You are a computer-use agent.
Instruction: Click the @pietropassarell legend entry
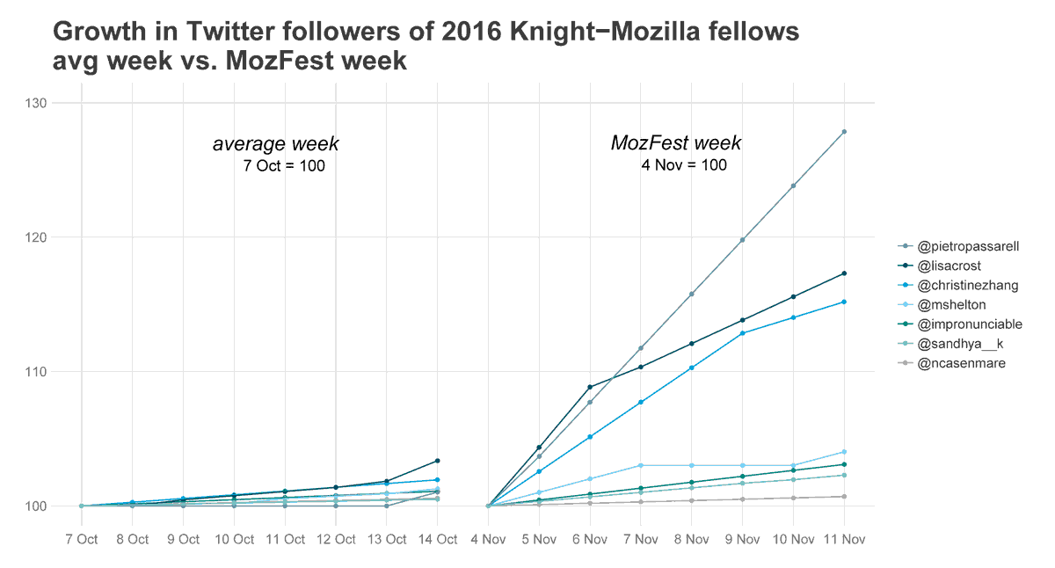pos(967,247)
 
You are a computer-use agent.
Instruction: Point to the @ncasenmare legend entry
pos(961,363)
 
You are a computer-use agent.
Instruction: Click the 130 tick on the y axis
pos(36,103)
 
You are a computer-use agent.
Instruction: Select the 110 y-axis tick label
pos(36,372)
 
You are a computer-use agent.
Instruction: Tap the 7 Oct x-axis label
pos(81,539)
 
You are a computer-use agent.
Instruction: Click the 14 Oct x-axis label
pos(437,539)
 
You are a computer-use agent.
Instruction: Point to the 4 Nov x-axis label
pos(488,539)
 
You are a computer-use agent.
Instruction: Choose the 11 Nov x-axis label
pos(844,539)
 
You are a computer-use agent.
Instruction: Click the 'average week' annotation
pos(275,144)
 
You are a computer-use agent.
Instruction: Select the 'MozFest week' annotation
pos(676,143)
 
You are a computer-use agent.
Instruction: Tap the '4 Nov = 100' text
pos(684,165)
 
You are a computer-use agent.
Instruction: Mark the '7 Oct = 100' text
pos(284,166)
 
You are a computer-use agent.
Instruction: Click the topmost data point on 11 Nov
pos(844,132)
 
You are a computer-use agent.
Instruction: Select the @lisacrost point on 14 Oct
pos(437,461)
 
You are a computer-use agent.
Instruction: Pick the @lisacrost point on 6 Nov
pos(590,387)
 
